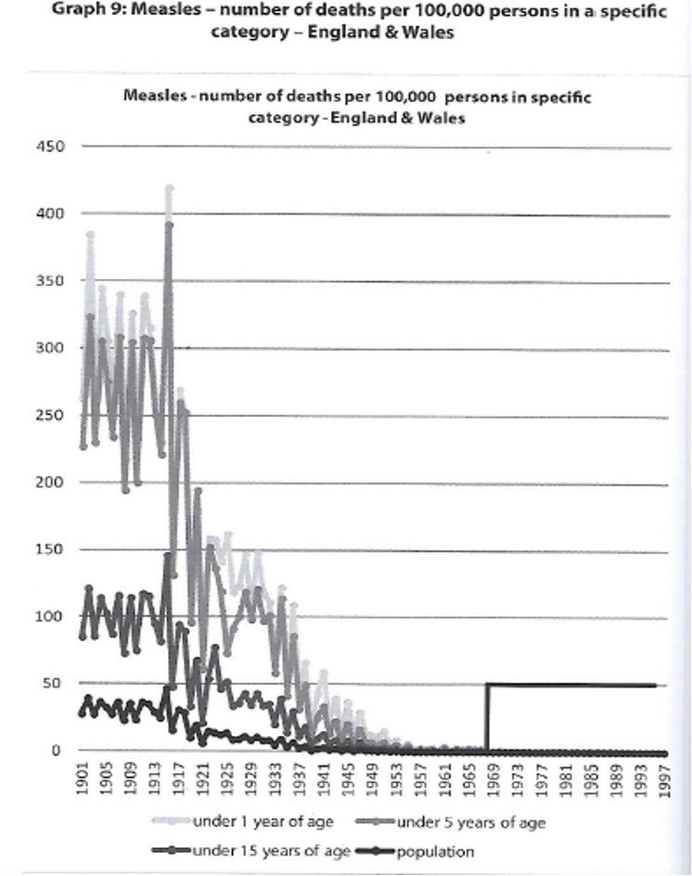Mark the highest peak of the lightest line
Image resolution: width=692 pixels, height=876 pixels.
coord(169,188)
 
